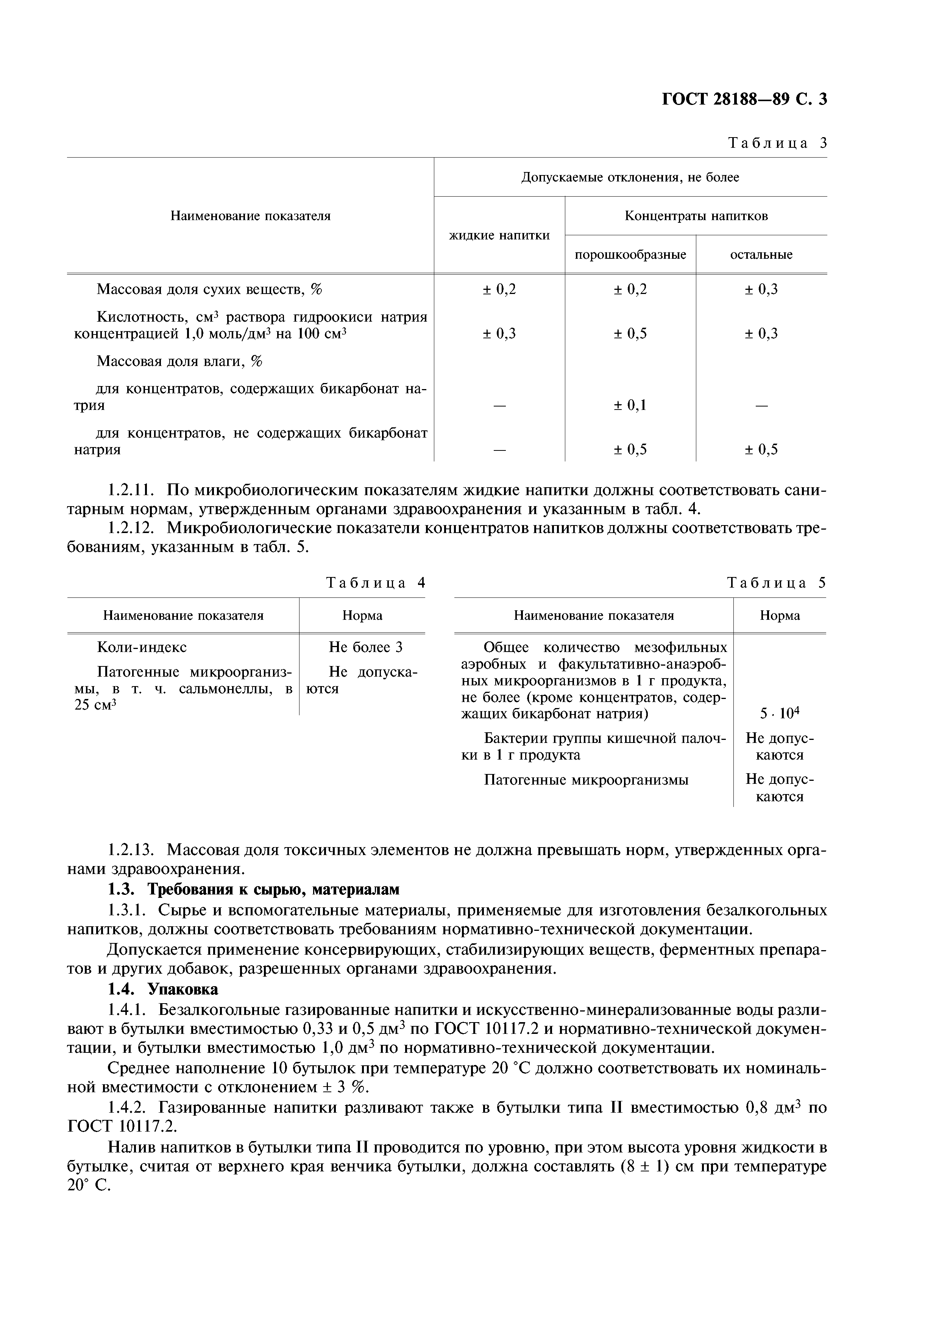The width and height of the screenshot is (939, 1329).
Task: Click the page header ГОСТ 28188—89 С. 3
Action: pyautogui.click(x=744, y=100)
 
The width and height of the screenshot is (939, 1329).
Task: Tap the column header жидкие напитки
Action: pyautogui.click(x=499, y=235)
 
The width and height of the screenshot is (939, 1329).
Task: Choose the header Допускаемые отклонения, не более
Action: pyautogui.click(x=630, y=177)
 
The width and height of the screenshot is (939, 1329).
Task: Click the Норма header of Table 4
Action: pyautogui.click(x=362, y=615)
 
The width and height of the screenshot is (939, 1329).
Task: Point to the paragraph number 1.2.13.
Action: pyautogui.click(x=131, y=850)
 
